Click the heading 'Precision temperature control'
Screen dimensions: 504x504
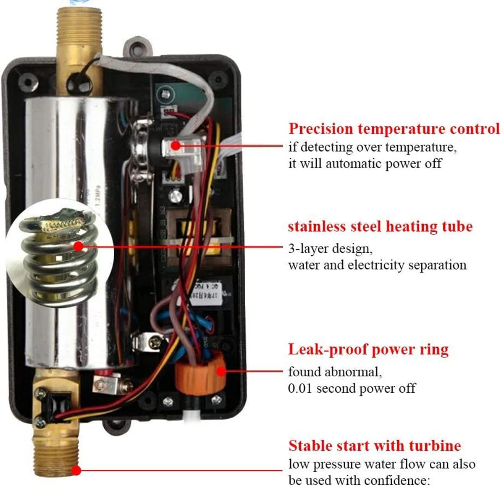[394, 129]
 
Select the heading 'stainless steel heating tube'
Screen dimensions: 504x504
[380, 226]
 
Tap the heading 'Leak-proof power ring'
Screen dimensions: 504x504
[368, 349]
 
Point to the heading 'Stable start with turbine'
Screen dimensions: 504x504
[374, 445]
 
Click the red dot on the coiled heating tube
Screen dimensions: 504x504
[78, 247]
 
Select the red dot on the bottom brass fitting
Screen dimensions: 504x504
[76, 470]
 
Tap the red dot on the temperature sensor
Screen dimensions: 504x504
[175, 146]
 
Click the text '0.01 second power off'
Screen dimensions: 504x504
[352, 388]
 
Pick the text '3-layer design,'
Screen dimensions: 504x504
[330, 249]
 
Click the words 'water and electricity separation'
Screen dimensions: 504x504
[377, 265]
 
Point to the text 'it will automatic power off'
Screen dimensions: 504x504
[365, 163]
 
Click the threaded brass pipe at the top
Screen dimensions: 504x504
[78, 25]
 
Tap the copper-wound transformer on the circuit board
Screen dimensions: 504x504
[197, 237]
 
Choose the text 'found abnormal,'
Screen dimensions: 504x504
[335, 372]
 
